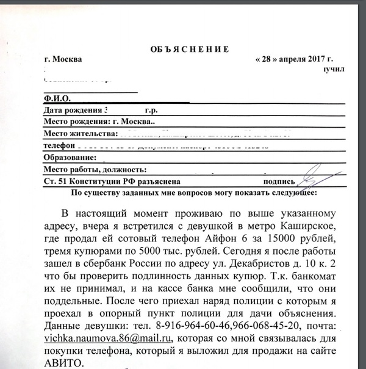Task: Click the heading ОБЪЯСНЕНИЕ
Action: [x=189, y=49]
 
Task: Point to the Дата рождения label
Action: [x=72, y=111]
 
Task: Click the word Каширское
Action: [x=310, y=227]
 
